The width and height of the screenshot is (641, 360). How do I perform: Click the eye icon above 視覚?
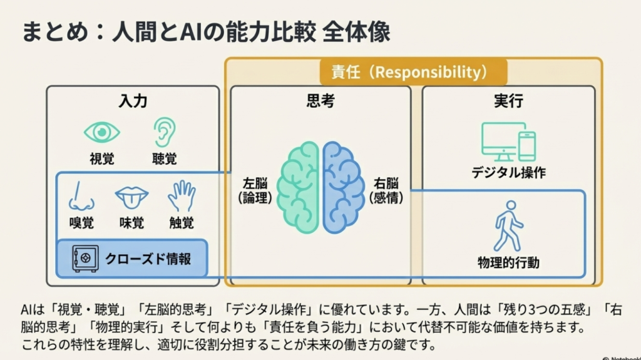click(102, 132)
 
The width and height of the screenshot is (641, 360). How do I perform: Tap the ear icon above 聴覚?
click(164, 131)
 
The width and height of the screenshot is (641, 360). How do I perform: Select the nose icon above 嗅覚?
click(81, 196)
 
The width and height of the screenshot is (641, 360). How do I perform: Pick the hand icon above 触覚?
click(182, 196)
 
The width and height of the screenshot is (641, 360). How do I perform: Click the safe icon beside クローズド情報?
click(85, 258)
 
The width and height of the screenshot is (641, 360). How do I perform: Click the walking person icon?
click(508, 226)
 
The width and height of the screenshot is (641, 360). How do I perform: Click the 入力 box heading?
click(133, 101)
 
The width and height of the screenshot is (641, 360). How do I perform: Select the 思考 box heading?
click(320, 101)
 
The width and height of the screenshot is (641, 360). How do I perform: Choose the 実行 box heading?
click(508, 101)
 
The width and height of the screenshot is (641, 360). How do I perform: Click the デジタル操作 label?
click(508, 172)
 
